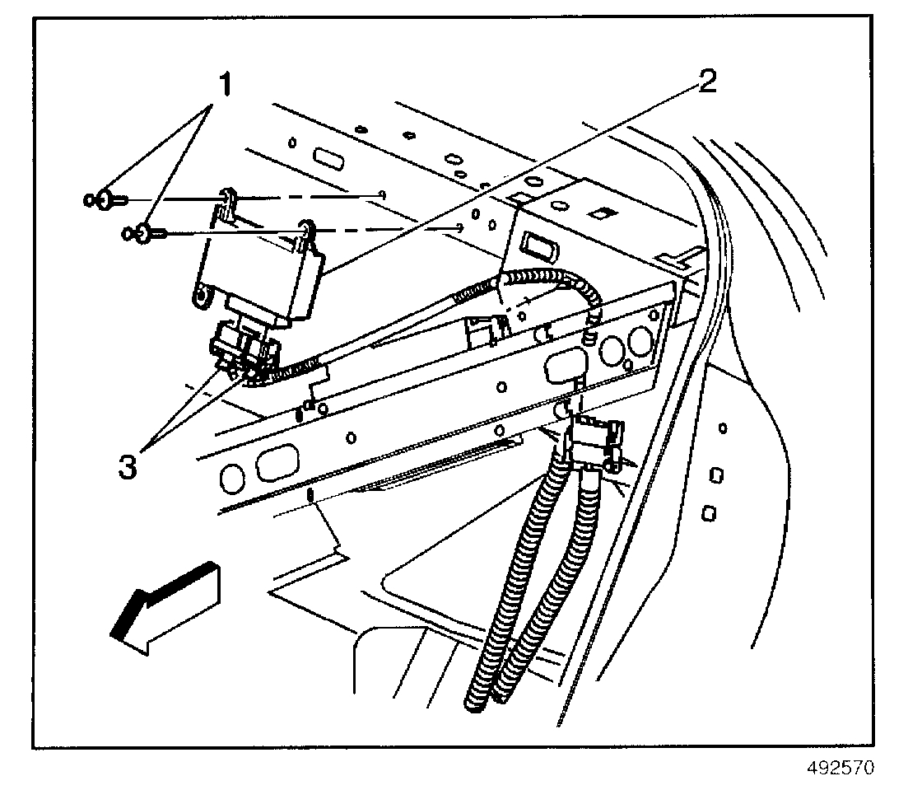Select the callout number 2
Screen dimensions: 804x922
707,82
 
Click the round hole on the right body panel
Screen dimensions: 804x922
722,429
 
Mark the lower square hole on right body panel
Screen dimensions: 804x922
708,514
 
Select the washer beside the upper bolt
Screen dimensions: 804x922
88,199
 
